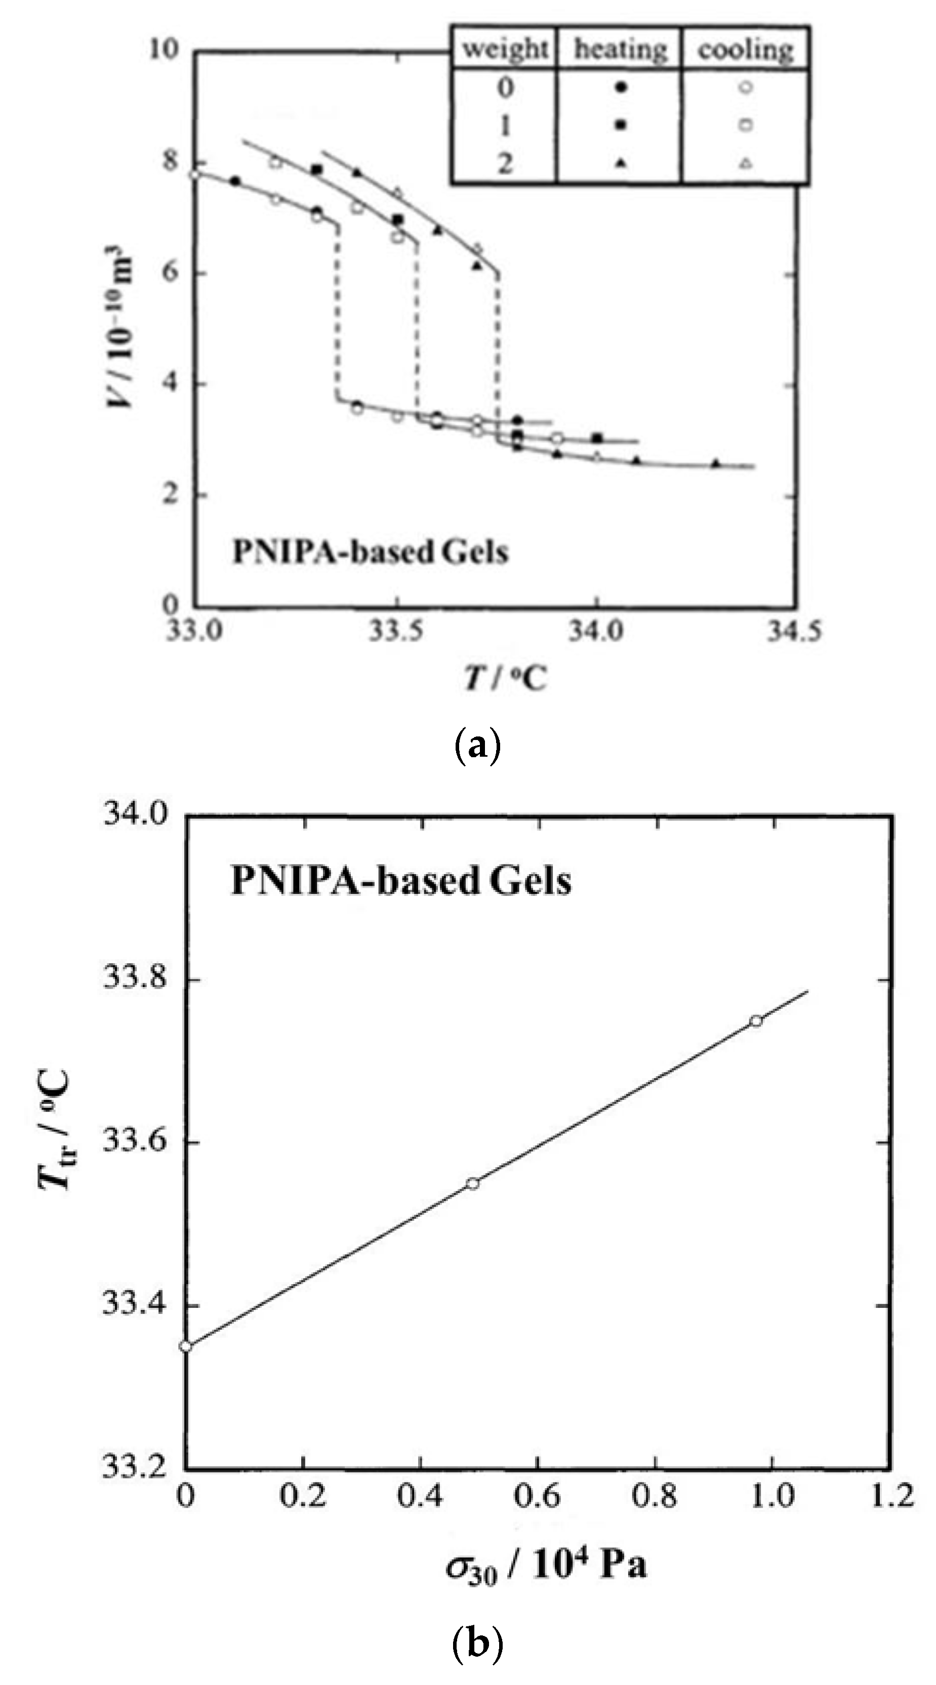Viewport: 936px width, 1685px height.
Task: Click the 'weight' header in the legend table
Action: tap(504, 49)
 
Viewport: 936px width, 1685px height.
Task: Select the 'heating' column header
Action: tap(620, 49)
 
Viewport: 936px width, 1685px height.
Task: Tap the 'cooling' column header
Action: tap(745, 49)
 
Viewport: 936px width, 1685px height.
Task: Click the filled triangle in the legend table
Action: tap(621, 163)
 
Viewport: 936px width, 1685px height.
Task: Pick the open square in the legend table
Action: tap(745, 125)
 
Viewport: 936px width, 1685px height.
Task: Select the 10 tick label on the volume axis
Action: tap(163, 49)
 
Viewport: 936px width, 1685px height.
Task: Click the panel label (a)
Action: tap(477, 746)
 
